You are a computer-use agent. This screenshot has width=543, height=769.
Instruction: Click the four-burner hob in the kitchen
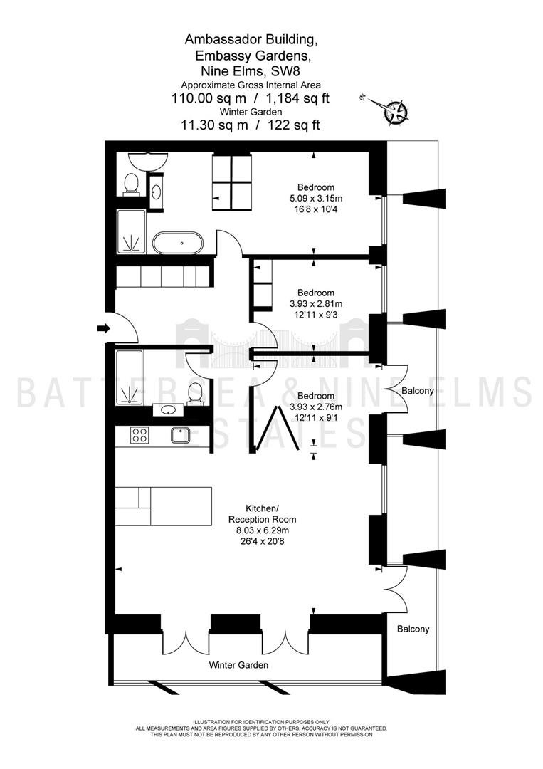coord(139,435)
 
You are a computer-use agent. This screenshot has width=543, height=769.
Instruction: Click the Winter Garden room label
coord(238,665)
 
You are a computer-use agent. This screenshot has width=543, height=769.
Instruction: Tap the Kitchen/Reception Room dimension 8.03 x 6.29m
coord(263,530)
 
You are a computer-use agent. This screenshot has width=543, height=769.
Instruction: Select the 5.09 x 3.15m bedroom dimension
coord(316,198)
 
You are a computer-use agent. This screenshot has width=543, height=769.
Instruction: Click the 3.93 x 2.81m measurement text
coord(316,303)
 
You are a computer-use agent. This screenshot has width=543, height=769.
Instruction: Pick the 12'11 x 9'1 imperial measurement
coord(316,417)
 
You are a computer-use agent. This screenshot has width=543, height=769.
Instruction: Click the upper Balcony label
coord(418,391)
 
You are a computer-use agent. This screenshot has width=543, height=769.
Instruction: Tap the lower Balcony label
coord(413,629)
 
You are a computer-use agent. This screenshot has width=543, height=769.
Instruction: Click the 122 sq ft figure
coord(293,125)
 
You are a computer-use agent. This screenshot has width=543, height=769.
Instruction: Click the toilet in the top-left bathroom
coord(132,184)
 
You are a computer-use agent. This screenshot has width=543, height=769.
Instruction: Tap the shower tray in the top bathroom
coord(132,232)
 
